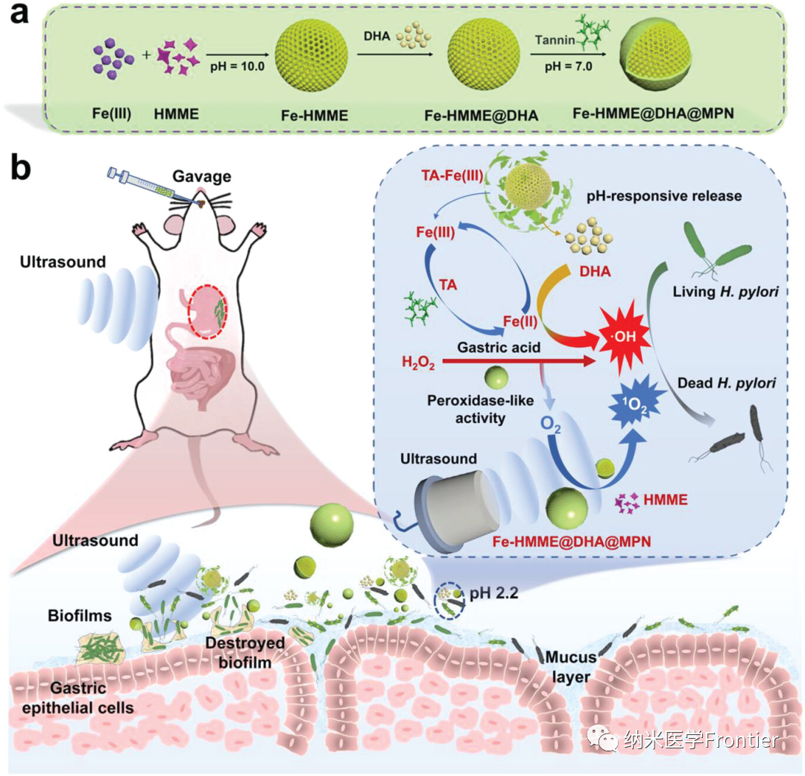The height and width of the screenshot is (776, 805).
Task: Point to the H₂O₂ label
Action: tap(418, 363)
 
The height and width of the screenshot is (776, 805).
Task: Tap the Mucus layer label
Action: tap(570, 668)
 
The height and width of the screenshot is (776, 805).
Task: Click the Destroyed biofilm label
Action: tap(235, 651)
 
